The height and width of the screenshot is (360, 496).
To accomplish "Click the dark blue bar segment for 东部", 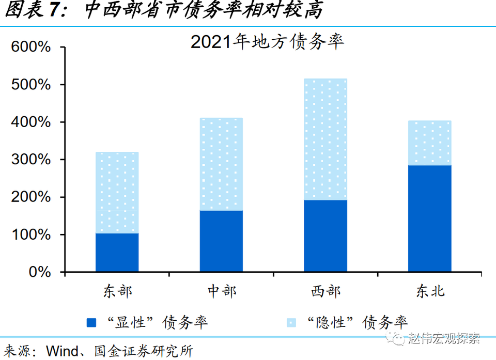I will (117, 253).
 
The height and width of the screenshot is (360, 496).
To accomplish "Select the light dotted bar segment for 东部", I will (117, 193).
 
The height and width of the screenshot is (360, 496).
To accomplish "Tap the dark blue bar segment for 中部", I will (221, 241).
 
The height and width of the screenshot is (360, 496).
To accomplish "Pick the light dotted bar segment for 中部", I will (221, 164).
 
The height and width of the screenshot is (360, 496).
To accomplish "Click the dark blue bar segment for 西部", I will (326, 236).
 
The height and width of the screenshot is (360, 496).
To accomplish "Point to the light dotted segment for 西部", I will (326, 139).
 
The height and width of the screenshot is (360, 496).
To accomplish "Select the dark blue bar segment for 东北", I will (429, 218).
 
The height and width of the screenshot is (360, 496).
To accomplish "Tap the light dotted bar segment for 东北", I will (429, 143).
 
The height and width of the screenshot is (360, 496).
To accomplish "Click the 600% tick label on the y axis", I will (32, 48).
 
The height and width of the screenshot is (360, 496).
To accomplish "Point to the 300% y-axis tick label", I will (32, 160).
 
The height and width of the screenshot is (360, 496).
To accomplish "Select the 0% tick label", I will (40, 272).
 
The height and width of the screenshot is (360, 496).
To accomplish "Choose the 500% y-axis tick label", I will (32, 85).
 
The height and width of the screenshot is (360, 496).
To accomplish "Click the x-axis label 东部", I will (117, 291).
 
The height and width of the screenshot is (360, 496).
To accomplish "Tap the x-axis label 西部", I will (326, 291).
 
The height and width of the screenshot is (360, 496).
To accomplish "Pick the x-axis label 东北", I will (429, 291).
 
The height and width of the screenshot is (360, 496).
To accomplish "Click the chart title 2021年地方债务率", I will (267, 42).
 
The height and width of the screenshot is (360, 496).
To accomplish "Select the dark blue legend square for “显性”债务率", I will (91, 323).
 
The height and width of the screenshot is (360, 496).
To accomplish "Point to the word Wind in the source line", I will (63, 351).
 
